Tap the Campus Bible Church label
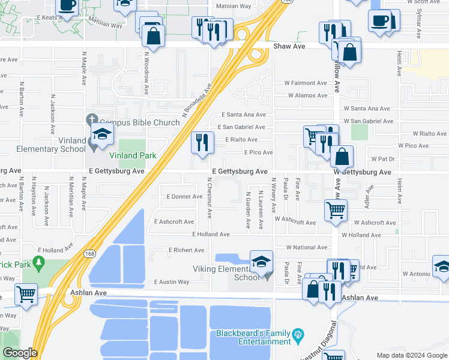pos(135,122)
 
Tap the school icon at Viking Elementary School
pos(261,261)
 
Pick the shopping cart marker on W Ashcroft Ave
pos(336,210)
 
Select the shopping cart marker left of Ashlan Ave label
pos(26,294)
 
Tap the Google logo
pos(20,353)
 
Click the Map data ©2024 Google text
pos(412,355)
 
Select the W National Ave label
pos(306,247)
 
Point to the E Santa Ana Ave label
pos(243,115)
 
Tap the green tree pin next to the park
pos(40,262)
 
